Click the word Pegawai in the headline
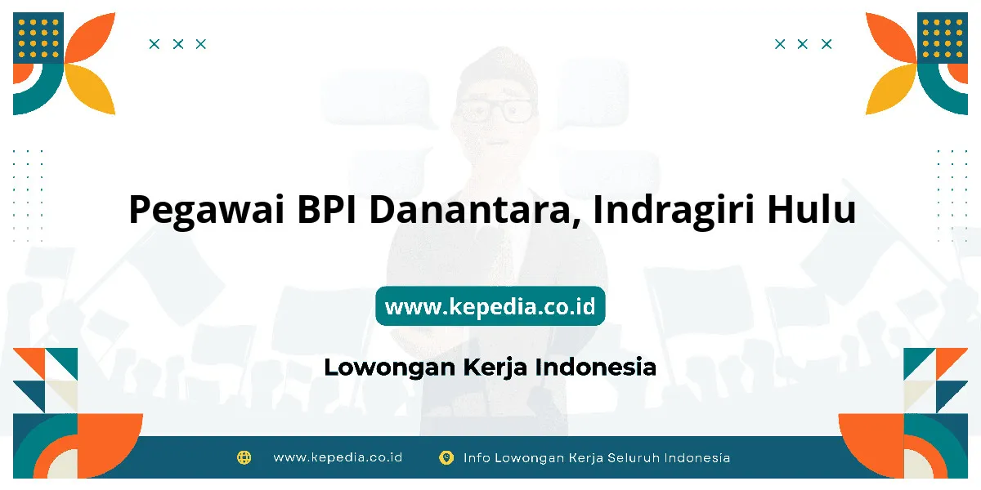point(207,211)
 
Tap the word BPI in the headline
point(327,209)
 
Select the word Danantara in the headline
point(475,210)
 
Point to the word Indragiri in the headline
point(674,211)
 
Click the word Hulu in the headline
point(812,209)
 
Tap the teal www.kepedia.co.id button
point(490,305)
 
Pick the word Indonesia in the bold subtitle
point(596,367)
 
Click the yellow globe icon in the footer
point(244,457)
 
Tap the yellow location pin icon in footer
point(446,457)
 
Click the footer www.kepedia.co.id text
point(338,457)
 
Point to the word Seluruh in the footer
point(634,457)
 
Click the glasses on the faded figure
point(495,110)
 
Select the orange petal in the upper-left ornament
point(90,38)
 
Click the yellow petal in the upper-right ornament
point(891,89)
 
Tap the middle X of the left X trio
point(178,44)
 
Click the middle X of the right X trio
point(802,44)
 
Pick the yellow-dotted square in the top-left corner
point(38,38)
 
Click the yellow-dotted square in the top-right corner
point(943,38)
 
